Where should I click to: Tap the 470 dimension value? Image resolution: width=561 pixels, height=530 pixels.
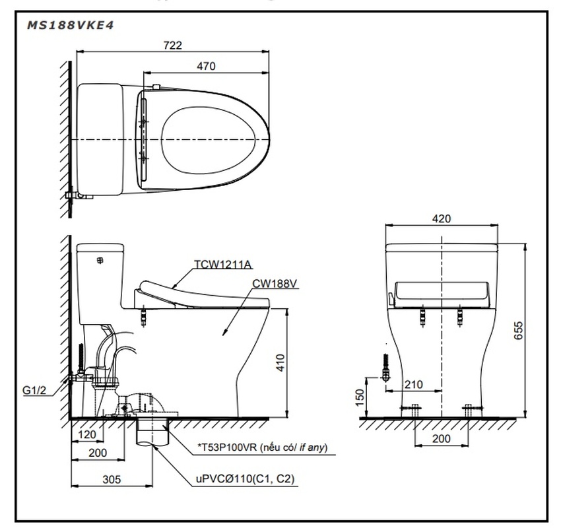205,66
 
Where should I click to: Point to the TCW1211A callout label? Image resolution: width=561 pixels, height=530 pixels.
222,265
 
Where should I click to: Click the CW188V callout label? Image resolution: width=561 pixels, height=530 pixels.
275,284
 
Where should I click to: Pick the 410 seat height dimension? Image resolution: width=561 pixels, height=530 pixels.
280,362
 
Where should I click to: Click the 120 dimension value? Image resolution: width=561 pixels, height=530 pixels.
87,435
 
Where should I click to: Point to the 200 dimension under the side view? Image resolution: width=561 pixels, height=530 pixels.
98,453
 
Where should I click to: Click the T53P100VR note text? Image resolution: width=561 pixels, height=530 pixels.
261,448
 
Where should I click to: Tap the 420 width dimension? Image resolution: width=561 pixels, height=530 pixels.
442,218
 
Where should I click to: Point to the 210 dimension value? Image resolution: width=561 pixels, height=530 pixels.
413,384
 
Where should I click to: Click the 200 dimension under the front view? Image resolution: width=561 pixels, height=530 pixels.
441,438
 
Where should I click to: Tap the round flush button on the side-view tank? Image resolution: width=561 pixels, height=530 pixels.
101,261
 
